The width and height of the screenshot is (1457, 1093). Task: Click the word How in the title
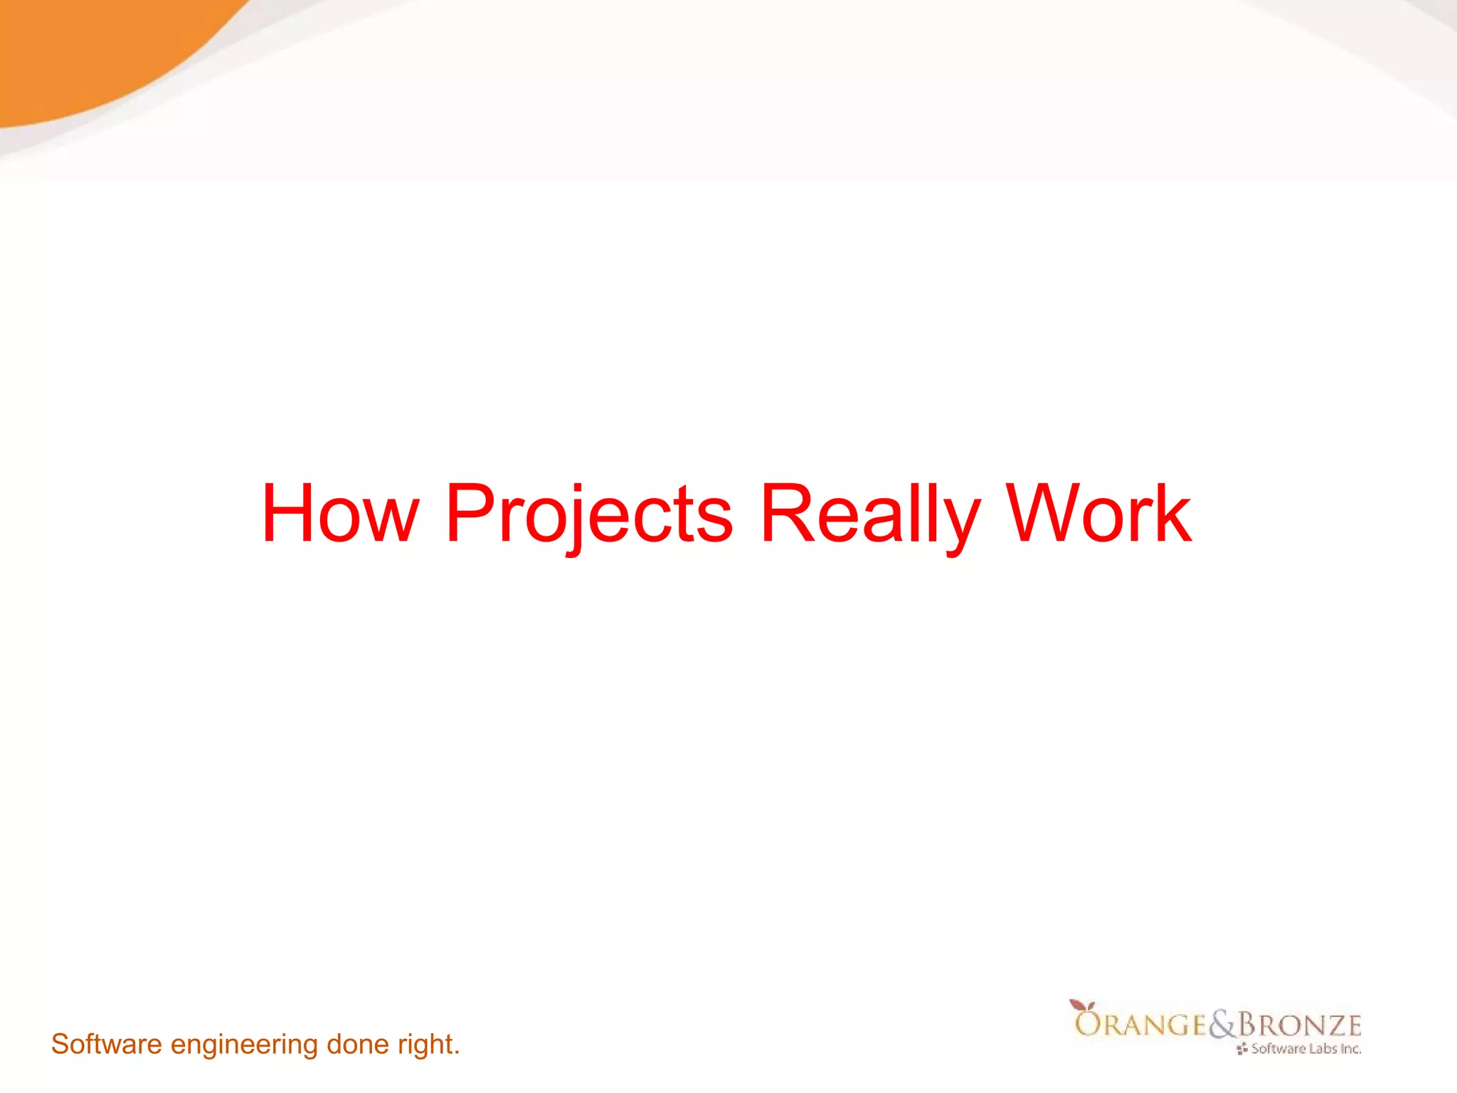[340, 514]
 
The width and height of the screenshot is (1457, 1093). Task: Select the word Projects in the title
[589, 514]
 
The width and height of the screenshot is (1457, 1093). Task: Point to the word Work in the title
[1099, 514]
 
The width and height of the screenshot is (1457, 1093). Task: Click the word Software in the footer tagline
[107, 1045]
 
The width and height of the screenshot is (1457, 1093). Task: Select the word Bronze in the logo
[1300, 1025]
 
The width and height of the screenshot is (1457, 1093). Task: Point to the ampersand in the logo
[1223, 1025]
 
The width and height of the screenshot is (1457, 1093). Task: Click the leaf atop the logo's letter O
[1080, 1005]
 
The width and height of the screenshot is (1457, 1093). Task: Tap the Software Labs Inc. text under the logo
[1305, 1049]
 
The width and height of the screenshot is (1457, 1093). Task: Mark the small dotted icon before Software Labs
[1242, 1049]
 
